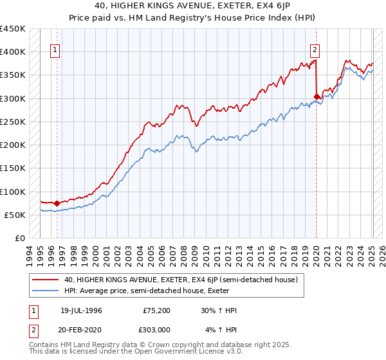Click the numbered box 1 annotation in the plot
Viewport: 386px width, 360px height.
pos(55,52)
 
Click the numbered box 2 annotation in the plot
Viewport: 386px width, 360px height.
pos(315,52)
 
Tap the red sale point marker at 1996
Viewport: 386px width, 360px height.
pos(57,203)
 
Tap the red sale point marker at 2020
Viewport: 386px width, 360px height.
pos(317,97)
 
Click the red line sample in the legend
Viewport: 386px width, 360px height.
pos(46,280)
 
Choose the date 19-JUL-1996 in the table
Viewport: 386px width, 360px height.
pos(81,310)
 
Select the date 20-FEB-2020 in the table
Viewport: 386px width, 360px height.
pos(81,328)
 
